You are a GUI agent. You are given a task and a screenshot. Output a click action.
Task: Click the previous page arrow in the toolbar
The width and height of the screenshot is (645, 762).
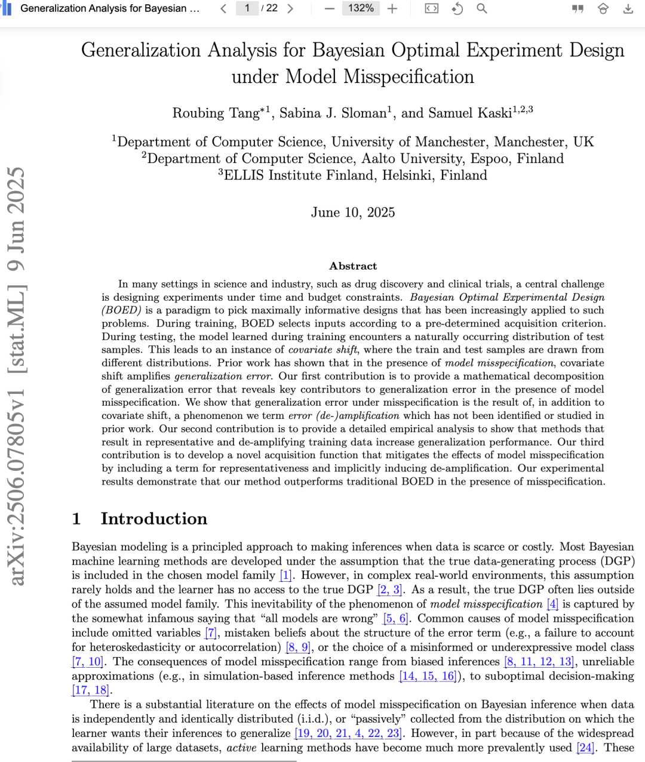coord(223,8)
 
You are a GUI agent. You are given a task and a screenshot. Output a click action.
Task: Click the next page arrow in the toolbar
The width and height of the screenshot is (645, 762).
coord(290,8)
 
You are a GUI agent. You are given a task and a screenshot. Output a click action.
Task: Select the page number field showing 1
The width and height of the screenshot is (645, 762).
coord(247,8)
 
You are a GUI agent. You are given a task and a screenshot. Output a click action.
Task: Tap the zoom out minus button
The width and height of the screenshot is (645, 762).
coord(330,8)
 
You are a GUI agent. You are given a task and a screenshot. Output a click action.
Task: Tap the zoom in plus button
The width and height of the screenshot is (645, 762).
coord(392,8)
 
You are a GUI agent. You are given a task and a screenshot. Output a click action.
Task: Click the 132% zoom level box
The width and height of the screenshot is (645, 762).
coord(361,8)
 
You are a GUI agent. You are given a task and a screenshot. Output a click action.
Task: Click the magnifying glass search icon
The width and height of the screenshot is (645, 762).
coord(481,8)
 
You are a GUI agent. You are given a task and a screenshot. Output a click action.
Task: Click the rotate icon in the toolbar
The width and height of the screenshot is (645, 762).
coord(457,8)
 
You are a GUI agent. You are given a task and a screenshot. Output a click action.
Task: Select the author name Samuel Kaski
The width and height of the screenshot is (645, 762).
coord(478,113)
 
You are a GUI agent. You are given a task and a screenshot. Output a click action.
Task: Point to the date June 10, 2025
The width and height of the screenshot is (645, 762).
coord(352,212)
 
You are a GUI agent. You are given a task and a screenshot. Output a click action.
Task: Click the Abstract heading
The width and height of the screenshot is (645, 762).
coord(353,266)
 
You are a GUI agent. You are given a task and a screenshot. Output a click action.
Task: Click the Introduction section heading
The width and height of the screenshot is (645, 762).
coord(153,519)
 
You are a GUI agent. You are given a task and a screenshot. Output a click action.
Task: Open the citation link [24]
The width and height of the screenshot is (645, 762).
coord(585,748)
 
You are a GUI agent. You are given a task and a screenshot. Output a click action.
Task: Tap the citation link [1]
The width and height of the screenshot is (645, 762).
coord(285,575)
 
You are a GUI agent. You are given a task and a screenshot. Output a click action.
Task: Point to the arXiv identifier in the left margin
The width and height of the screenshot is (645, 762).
coord(17,376)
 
